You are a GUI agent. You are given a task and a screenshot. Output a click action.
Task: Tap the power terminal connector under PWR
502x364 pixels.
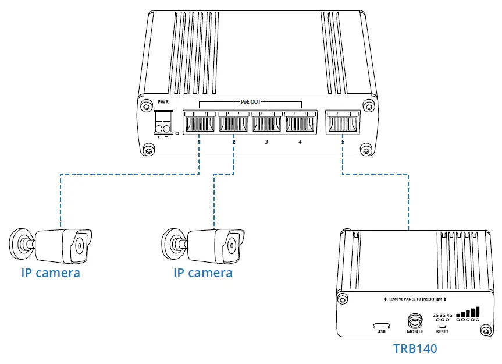point(162,124)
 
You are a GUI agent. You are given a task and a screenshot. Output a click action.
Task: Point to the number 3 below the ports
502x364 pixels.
point(266,142)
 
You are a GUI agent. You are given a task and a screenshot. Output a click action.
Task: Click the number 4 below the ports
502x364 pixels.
point(300,142)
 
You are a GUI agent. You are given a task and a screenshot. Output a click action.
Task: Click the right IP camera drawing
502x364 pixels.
point(204,245)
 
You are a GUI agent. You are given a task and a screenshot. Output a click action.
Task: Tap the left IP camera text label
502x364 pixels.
point(51,273)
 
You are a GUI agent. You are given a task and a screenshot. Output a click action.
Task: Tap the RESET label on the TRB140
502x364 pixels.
point(442,331)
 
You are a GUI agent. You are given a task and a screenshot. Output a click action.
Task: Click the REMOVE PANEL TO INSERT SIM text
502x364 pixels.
point(415,299)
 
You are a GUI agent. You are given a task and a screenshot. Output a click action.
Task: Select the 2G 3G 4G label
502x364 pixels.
point(442,315)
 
